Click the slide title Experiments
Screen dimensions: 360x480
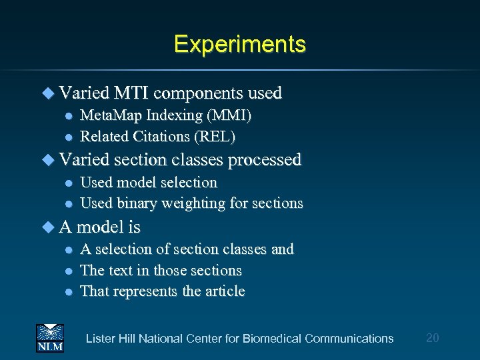click(240, 44)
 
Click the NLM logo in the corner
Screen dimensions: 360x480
click(49, 337)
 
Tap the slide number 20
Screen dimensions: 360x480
click(432, 338)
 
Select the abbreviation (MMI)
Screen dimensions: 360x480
click(229, 115)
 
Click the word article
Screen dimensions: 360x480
click(224, 291)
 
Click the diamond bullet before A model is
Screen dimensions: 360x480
click(47, 227)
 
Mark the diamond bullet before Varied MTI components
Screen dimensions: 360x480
click(47, 93)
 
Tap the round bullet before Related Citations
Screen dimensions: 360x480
click(67, 137)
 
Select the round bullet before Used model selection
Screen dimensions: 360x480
click(67, 183)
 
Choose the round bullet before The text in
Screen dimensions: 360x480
click(67, 271)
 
